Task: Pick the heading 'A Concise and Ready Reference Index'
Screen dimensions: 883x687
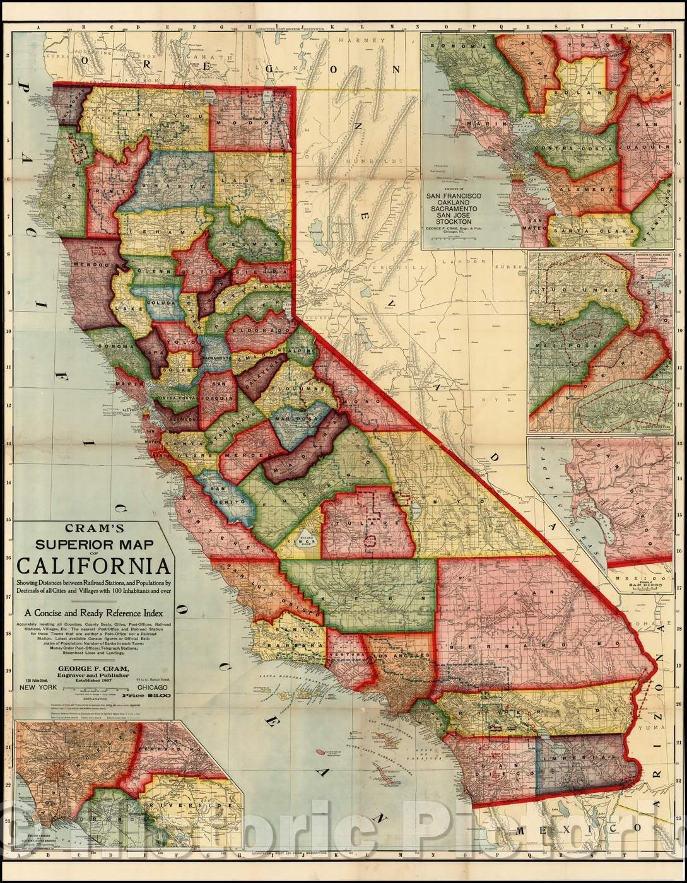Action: click(x=94, y=611)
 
